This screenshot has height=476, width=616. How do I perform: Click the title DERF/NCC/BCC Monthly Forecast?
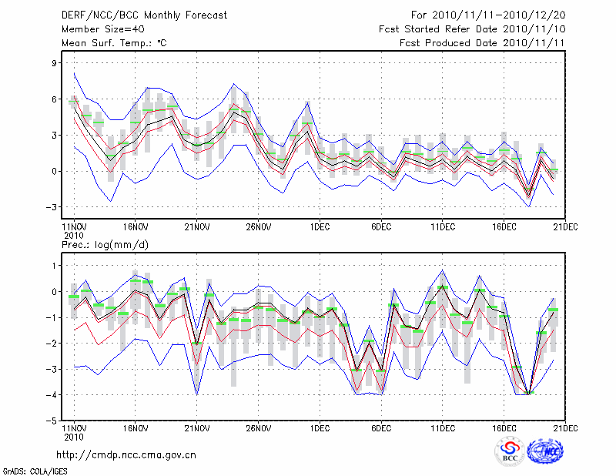pyautogui.click(x=145, y=15)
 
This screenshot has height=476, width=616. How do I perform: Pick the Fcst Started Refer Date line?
pyautogui.click(x=472, y=29)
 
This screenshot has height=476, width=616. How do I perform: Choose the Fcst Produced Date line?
pyautogui.click(x=472, y=43)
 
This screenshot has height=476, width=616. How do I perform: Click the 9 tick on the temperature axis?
pyautogui.click(x=54, y=63)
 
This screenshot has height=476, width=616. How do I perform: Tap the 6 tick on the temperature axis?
pyautogui.click(x=54, y=99)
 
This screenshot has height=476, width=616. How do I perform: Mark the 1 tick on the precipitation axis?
pyautogui.click(x=54, y=266)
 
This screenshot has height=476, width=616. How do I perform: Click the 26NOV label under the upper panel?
pyautogui.click(x=259, y=227)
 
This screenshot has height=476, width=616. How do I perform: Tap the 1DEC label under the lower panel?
pyautogui.click(x=320, y=428)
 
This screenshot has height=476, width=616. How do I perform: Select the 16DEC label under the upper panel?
pyautogui.click(x=504, y=227)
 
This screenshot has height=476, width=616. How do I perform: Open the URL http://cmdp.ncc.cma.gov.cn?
pyautogui.click(x=126, y=454)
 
